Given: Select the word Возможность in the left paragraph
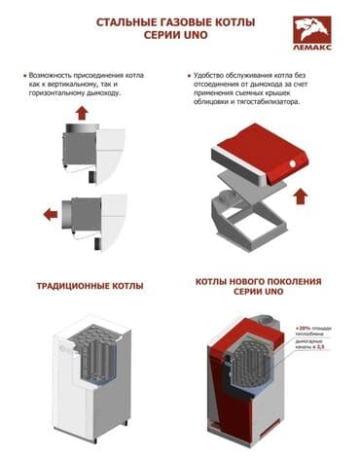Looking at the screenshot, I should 57,74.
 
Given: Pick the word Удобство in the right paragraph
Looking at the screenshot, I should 216,74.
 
